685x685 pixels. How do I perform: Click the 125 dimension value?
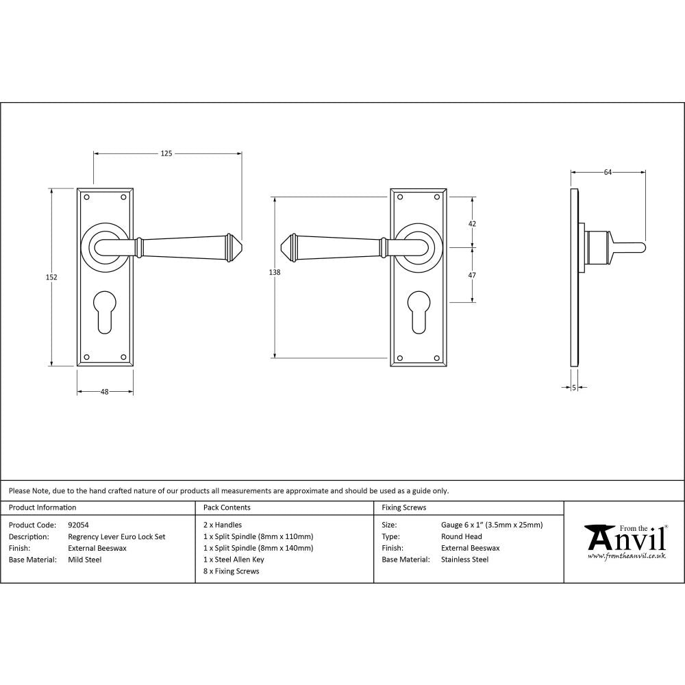point(166,153)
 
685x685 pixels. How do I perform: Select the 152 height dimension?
point(52,277)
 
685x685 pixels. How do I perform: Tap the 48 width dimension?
point(105,392)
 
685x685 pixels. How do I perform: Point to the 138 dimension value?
point(275,272)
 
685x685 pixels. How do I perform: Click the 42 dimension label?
point(472,223)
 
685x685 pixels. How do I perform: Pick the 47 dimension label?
point(472,275)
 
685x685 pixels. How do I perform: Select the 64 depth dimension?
point(608,173)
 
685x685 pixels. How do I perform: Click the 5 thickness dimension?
point(574,388)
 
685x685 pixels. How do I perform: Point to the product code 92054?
point(79,525)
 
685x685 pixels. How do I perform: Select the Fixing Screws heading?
point(404,508)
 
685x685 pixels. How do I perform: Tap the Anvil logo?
point(625,538)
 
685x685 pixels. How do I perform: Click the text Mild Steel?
point(85,560)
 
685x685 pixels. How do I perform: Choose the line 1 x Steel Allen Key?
point(234,560)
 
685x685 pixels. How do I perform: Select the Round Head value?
point(462,537)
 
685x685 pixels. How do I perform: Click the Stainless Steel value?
point(465,560)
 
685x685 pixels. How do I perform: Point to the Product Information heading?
point(42,508)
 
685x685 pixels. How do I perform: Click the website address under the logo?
point(627,556)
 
